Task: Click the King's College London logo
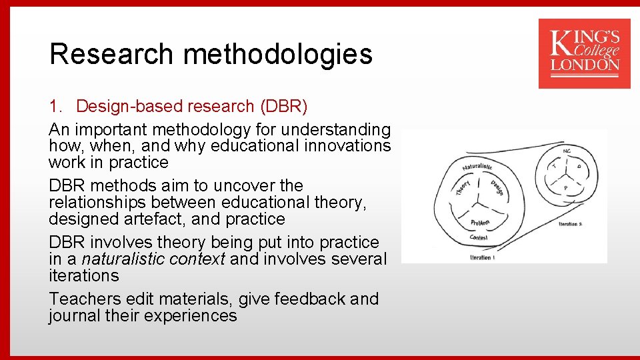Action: [x=584, y=53]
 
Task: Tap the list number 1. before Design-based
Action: [x=56, y=106]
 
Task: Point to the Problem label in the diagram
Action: [x=480, y=223]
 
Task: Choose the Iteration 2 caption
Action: [x=571, y=224]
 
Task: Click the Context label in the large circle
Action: [x=479, y=237]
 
